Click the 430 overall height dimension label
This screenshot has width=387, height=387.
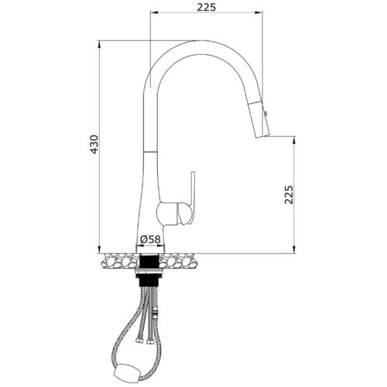(94, 145)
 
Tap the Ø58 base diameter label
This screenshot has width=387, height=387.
(150, 239)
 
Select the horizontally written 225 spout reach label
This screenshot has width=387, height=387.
(207, 8)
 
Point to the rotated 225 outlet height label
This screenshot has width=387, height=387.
(289, 195)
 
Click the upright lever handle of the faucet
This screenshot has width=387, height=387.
(193, 197)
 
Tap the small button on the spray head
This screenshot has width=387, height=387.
(265, 113)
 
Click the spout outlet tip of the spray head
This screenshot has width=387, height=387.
(262, 136)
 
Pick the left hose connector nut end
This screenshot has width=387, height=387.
(139, 341)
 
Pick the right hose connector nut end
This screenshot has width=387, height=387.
(149, 342)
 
